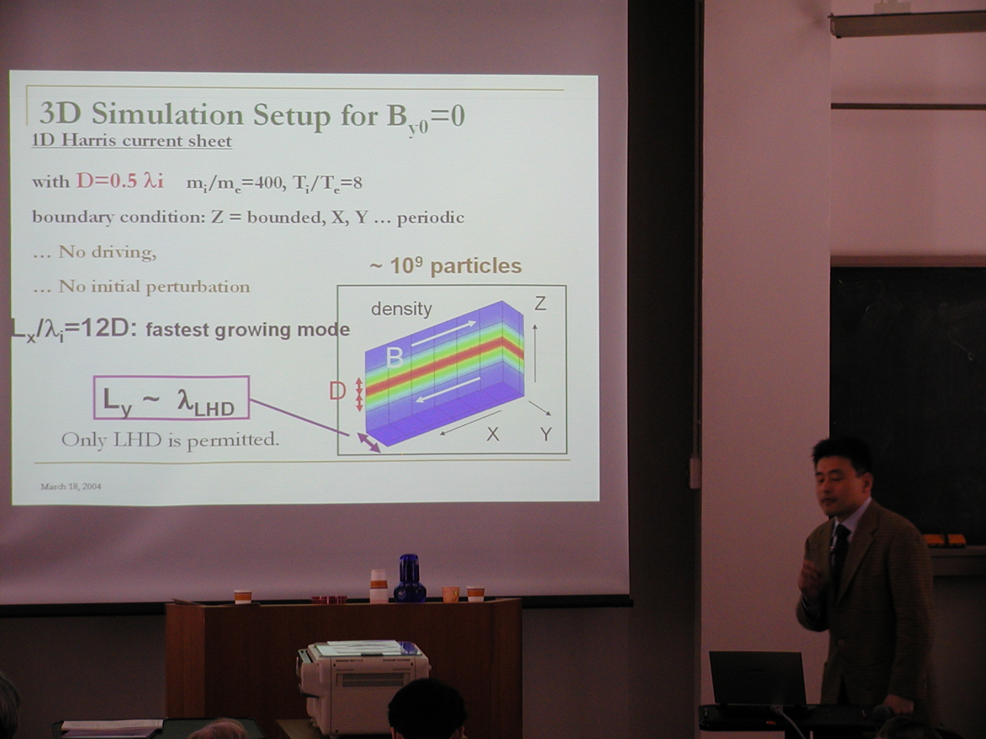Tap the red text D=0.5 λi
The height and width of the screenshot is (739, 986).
120,181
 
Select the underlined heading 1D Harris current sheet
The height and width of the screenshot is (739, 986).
132,140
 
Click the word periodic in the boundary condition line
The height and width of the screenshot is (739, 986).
430,218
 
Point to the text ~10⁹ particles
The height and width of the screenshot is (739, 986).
446,266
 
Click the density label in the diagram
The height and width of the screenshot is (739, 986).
401,309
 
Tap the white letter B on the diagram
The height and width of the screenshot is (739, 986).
395,358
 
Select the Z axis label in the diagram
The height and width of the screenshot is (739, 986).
540,304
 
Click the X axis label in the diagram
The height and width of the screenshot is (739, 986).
493,434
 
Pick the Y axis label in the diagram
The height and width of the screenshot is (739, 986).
546,434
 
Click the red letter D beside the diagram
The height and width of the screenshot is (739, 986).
337,391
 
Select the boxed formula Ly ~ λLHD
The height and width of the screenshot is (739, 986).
171,398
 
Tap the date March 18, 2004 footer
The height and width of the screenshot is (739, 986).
71,487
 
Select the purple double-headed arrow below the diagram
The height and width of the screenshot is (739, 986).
369,443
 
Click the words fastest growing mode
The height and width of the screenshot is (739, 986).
248,330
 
